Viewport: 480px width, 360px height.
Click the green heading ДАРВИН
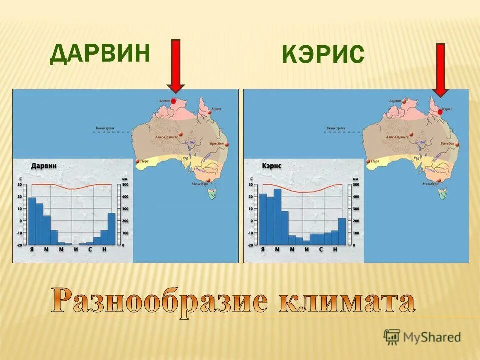coord(100,54)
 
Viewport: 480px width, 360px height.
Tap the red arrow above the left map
coord(175,66)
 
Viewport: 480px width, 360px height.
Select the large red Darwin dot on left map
coord(174,101)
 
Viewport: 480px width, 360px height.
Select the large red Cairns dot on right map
coord(440,112)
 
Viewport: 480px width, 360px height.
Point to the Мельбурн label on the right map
coord(430,184)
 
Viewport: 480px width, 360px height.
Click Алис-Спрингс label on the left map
coord(167,136)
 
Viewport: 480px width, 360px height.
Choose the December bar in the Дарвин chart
coord(111,229)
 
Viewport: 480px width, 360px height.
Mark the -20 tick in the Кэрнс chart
coord(250,245)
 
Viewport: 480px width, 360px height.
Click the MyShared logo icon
coord(392,336)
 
